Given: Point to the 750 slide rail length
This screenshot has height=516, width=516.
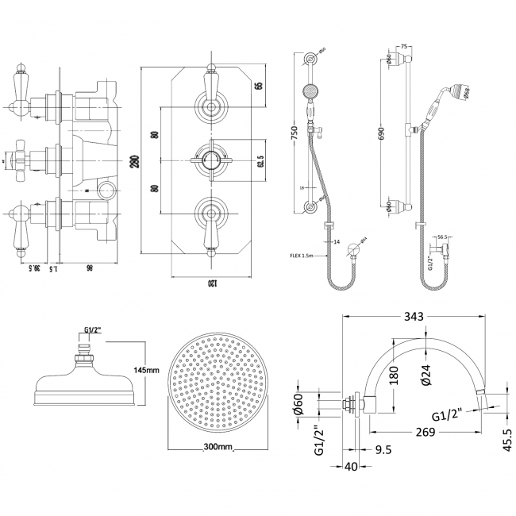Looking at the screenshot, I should tap(294, 131).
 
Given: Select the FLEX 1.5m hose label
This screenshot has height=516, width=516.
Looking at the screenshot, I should tap(301, 256).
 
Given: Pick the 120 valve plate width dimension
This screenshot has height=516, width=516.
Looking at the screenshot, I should tap(211, 283).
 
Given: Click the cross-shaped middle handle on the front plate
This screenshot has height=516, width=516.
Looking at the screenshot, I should tap(210, 156).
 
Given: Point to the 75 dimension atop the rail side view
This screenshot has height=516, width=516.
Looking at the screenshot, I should tap(405, 47).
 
